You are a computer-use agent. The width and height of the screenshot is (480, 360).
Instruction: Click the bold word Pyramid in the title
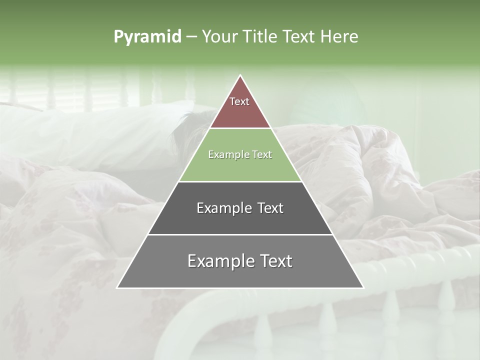coord(147,36)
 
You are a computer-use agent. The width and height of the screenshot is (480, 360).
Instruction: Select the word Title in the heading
coord(262,36)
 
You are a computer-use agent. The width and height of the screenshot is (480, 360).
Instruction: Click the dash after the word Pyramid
coord(191,37)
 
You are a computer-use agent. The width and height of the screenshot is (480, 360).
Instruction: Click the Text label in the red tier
coord(239,101)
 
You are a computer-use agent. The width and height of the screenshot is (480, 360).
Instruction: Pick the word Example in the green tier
coord(228,154)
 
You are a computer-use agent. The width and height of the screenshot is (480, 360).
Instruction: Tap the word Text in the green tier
coord(261,154)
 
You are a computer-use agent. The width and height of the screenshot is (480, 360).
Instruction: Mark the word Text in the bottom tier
coord(275,261)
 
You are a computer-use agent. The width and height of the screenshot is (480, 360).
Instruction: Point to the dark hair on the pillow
coord(187,127)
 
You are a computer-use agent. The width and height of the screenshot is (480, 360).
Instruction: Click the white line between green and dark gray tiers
coord(240,181)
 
